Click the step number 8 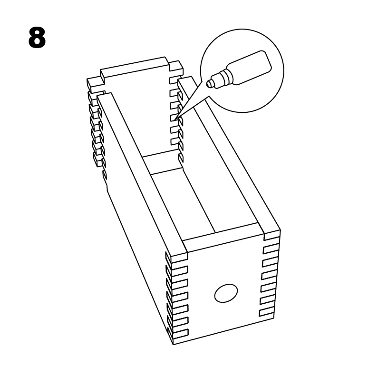(37, 38)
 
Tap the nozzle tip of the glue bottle (210, 84)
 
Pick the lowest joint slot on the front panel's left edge (180, 333)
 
